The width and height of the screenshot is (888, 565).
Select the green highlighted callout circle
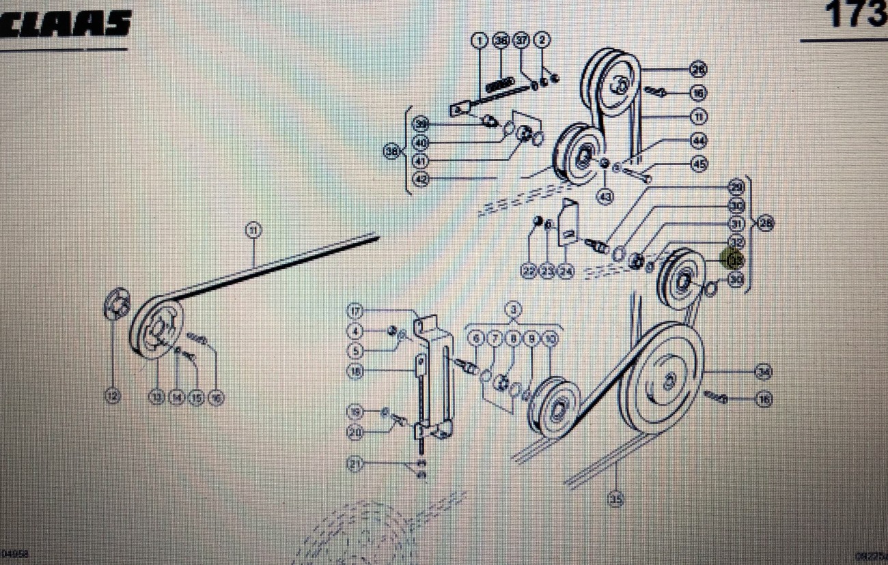(735, 260)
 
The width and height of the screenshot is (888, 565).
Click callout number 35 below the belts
(615, 499)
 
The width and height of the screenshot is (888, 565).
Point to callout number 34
(763, 373)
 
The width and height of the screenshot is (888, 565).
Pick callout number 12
(113, 396)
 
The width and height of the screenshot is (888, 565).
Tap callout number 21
(355, 465)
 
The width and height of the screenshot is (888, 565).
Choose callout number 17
(355, 311)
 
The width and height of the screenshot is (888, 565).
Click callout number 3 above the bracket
(513, 308)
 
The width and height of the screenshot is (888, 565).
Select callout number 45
(698, 164)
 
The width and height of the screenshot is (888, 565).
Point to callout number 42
(421, 179)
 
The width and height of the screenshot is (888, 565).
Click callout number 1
(480, 41)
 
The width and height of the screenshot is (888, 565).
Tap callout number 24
(566, 272)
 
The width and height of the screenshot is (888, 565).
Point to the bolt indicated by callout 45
(637, 173)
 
